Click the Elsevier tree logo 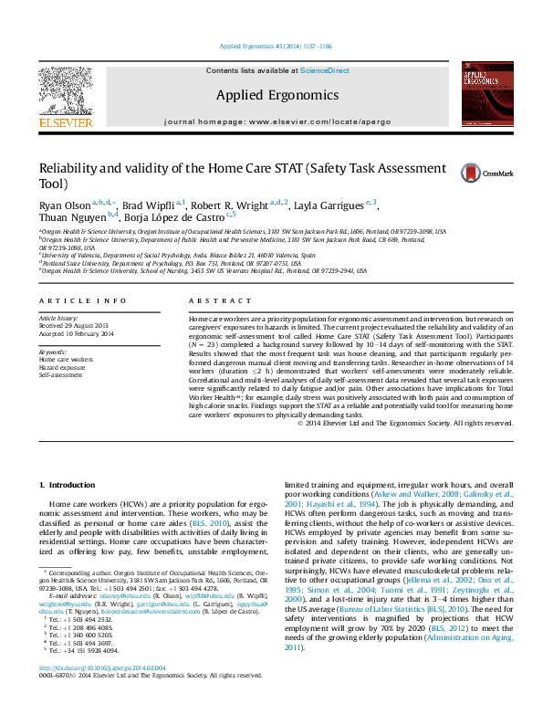point(65,92)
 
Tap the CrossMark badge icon point(474,172)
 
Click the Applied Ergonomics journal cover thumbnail point(484,94)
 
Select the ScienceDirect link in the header point(325,70)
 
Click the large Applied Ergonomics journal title point(277,95)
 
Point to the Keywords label point(53,352)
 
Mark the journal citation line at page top point(277,46)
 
